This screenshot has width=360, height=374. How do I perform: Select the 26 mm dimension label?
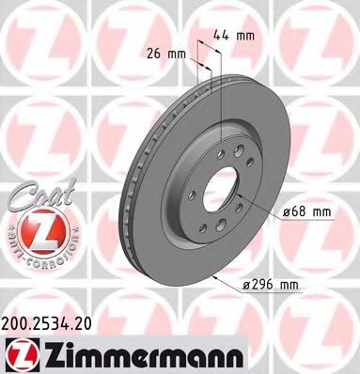pyautogui.click(x=164, y=54)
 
